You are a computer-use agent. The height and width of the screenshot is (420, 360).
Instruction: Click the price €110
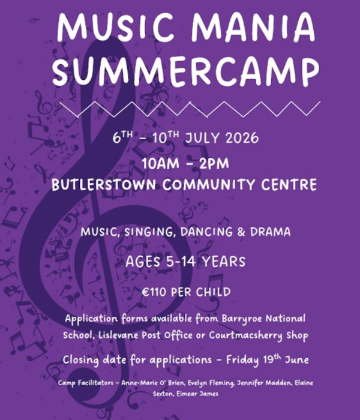pos(158,292)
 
